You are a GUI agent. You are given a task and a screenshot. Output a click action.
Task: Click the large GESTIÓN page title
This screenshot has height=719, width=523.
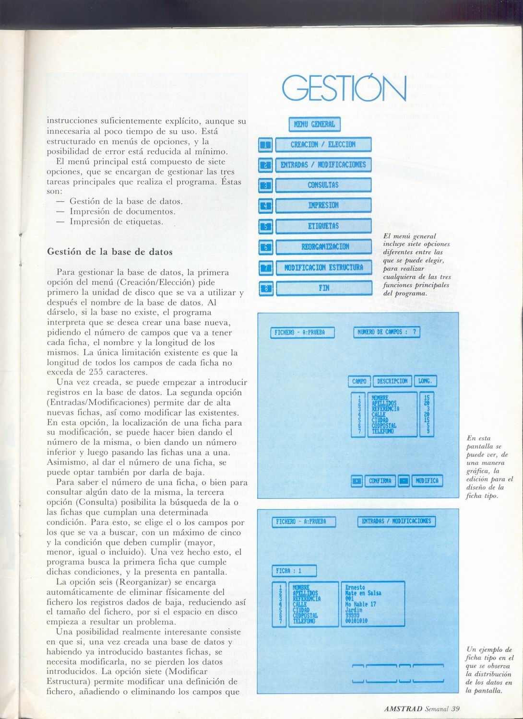[344, 90]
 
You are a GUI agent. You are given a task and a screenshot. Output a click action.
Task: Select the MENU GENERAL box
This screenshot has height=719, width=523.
[314, 125]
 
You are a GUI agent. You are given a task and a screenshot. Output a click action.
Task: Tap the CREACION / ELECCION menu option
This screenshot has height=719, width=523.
[323, 144]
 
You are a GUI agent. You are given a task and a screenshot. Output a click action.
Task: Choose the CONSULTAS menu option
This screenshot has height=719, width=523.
[323, 185]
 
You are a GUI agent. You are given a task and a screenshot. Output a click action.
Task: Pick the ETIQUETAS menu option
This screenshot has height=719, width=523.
[323, 226]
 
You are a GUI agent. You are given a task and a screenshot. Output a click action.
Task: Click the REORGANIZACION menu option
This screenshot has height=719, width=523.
[323, 246]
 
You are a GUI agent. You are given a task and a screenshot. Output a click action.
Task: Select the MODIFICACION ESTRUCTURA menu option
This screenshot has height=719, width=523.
[323, 267]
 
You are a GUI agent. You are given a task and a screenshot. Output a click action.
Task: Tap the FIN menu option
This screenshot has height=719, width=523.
[323, 288]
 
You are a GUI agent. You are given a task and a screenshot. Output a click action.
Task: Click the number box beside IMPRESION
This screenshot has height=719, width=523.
[265, 206]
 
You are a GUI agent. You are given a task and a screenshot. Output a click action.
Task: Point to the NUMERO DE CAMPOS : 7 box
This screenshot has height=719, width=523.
[387, 332]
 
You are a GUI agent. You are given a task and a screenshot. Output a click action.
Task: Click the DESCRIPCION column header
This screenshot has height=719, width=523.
[392, 382]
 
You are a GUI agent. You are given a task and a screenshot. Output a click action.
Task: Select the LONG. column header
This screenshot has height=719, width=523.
[425, 382]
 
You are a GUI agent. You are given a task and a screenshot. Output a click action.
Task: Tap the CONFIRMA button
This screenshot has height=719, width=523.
[380, 481]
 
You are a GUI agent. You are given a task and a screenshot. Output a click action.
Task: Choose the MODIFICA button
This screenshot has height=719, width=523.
[427, 481]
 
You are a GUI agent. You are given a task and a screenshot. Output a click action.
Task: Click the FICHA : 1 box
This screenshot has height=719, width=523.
[294, 571]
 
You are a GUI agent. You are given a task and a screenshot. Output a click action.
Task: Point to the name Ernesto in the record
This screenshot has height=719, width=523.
[355, 587]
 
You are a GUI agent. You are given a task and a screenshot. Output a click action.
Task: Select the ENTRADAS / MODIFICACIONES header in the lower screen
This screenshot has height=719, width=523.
[396, 522]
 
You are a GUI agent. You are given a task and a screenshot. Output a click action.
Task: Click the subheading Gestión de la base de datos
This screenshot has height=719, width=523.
[110, 251]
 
